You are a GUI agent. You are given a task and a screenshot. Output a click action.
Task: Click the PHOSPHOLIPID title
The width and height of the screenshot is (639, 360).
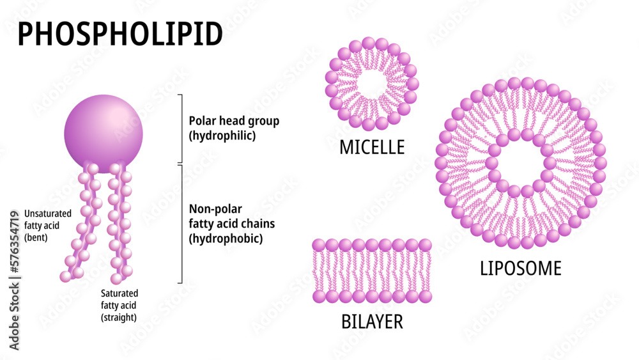click(x=120, y=33)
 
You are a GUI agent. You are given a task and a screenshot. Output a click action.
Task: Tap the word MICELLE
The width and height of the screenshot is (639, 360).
click(x=372, y=148)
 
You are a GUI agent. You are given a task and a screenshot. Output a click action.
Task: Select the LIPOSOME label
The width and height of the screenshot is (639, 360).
click(x=521, y=269)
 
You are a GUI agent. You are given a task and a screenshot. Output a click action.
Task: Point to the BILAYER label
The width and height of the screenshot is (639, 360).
click(x=371, y=321)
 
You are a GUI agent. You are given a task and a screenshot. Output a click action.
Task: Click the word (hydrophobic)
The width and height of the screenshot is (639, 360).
click(x=226, y=239)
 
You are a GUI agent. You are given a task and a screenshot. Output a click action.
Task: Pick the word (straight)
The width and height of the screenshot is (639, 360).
click(x=119, y=317)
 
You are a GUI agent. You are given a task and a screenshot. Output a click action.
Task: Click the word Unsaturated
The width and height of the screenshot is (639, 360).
click(x=48, y=213)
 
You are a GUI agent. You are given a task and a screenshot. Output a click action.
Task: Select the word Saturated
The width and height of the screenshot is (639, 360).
click(x=119, y=293)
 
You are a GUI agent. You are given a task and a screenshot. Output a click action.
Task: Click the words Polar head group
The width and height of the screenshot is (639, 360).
click(x=234, y=121)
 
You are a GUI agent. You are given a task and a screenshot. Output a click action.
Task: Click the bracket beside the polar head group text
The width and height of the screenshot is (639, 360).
click(x=181, y=128)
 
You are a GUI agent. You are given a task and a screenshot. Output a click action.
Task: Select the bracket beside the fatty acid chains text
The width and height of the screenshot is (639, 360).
click(x=181, y=224)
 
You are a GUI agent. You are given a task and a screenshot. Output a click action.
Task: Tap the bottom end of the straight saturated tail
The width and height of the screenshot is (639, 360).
click(x=116, y=279)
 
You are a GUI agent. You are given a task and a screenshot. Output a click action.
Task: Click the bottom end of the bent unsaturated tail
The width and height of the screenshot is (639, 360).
click(x=65, y=276)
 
